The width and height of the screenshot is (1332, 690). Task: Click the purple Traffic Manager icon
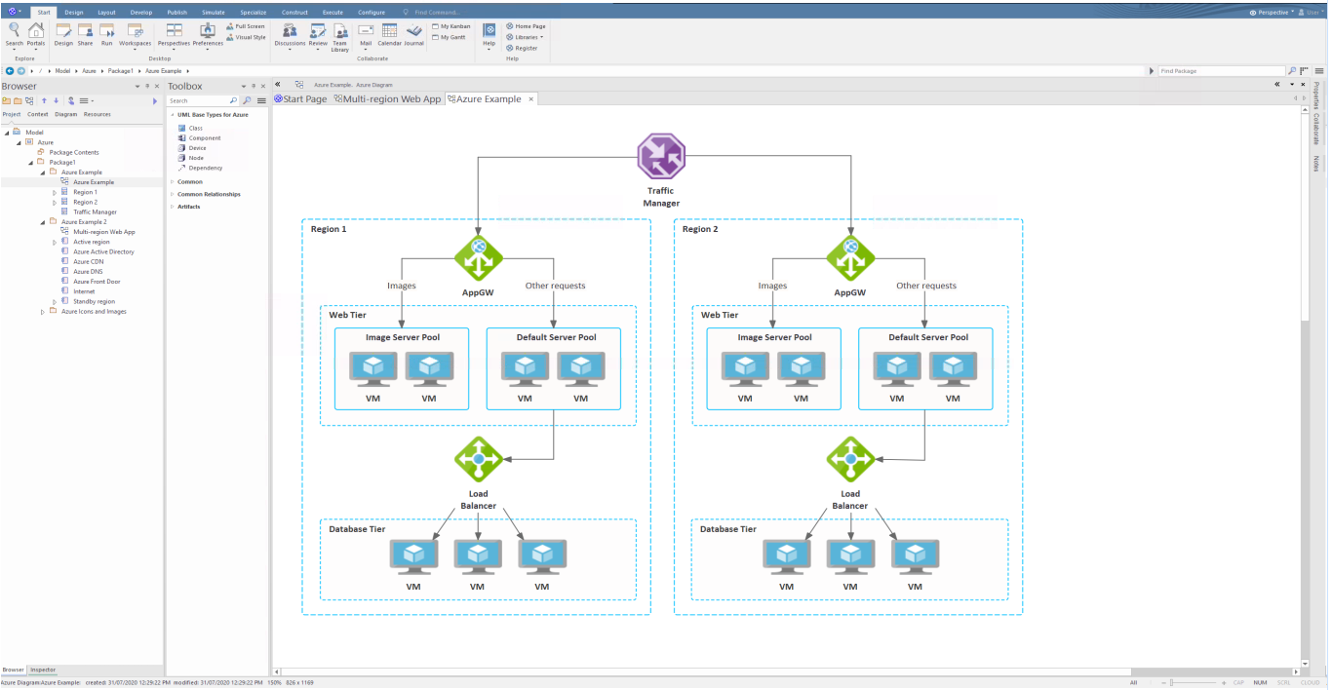(x=661, y=156)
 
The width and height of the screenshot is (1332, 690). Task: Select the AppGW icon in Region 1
(x=479, y=258)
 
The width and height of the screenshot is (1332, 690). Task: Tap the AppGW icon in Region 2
(x=850, y=258)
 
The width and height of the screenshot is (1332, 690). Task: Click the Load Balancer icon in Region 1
(x=478, y=458)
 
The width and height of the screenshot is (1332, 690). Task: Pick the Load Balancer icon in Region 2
(x=850, y=458)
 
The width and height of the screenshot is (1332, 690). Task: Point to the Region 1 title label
(x=329, y=229)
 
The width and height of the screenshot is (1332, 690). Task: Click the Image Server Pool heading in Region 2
(x=774, y=337)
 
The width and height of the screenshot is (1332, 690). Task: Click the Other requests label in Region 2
(x=925, y=286)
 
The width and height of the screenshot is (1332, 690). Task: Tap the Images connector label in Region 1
(x=402, y=286)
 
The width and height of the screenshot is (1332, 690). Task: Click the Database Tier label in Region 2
(x=728, y=529)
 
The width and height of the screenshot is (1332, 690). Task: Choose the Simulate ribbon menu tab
(x=213, y=12)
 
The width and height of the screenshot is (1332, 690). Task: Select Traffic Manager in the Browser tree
(x=95, y=211)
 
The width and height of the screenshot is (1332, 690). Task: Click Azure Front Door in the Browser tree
(x=95, y=282)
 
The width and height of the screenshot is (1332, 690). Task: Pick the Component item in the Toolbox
(x=205, y=138)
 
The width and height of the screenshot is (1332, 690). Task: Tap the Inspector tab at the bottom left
(x=43, y=670)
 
